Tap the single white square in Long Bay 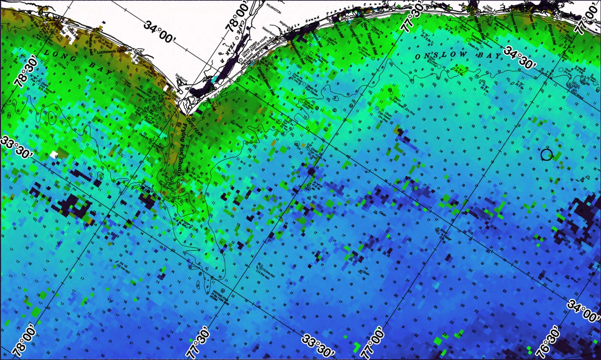pyautogui.click(x=54, y=154)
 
